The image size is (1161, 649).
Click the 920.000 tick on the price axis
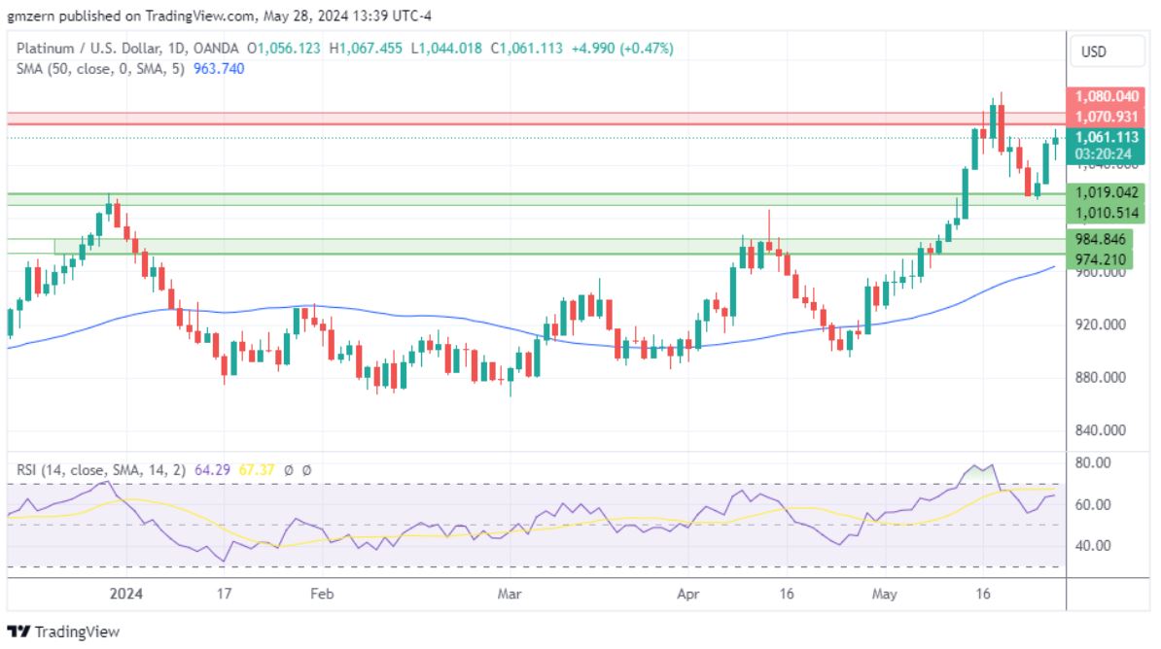(1099, 324)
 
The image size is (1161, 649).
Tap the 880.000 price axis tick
(1099, 377)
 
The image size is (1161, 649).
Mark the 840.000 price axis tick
(1099, 429)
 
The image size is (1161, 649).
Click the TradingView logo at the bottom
(63, 632)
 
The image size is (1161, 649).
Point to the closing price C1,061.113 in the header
(525, 48)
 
